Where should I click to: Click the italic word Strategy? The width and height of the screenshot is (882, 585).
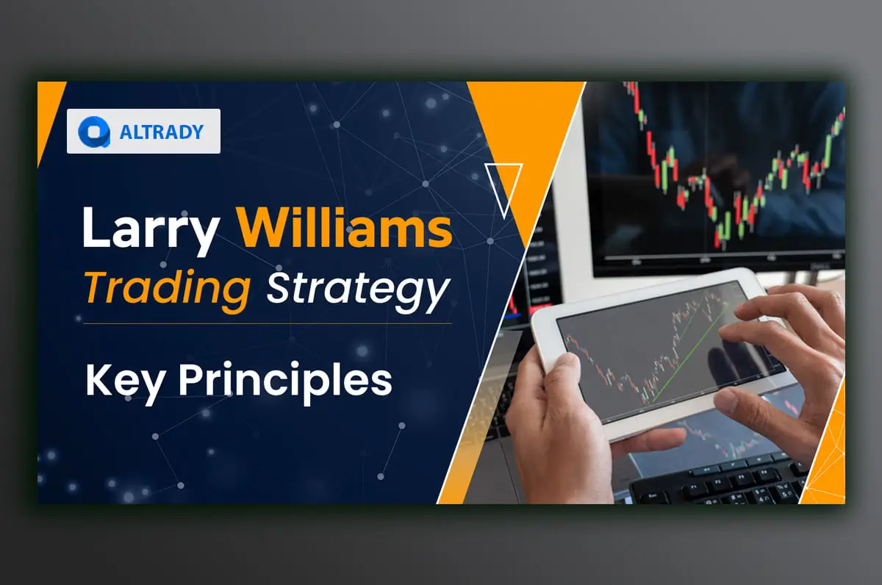click(x=357, y=289)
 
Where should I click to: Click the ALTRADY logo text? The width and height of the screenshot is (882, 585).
click(x=161, y=132)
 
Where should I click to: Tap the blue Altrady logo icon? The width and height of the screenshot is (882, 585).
click(x=93, y=132)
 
